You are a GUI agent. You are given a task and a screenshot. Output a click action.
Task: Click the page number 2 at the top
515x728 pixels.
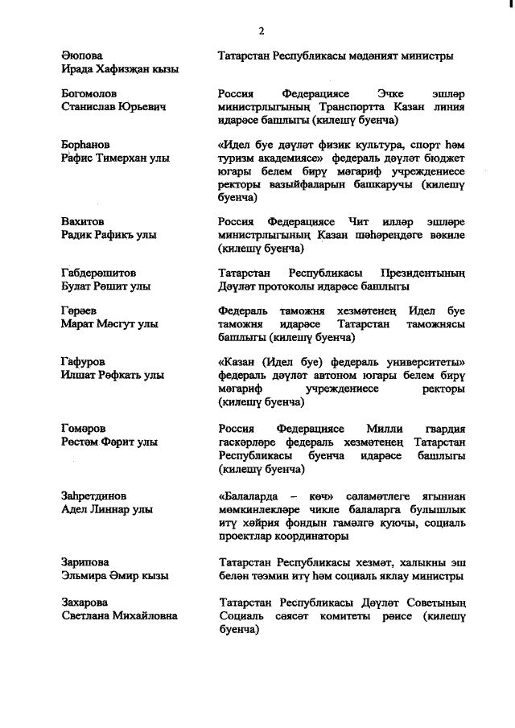click(x=262, y=31)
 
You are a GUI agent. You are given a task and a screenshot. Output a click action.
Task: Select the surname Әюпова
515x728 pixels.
click(x=82, y=56)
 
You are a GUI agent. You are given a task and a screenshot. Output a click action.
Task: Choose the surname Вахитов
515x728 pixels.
click(x=84, y=221)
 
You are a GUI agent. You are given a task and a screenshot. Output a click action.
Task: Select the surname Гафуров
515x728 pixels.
click(x=83, y=363)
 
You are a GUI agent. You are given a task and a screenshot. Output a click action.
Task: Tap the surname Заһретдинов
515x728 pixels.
click(x=94, y=496)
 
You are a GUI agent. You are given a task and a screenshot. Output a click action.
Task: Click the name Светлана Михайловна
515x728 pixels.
click(x=120, y=615)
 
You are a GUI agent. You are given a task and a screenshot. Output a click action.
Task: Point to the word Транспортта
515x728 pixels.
click(x=340, y=107)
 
